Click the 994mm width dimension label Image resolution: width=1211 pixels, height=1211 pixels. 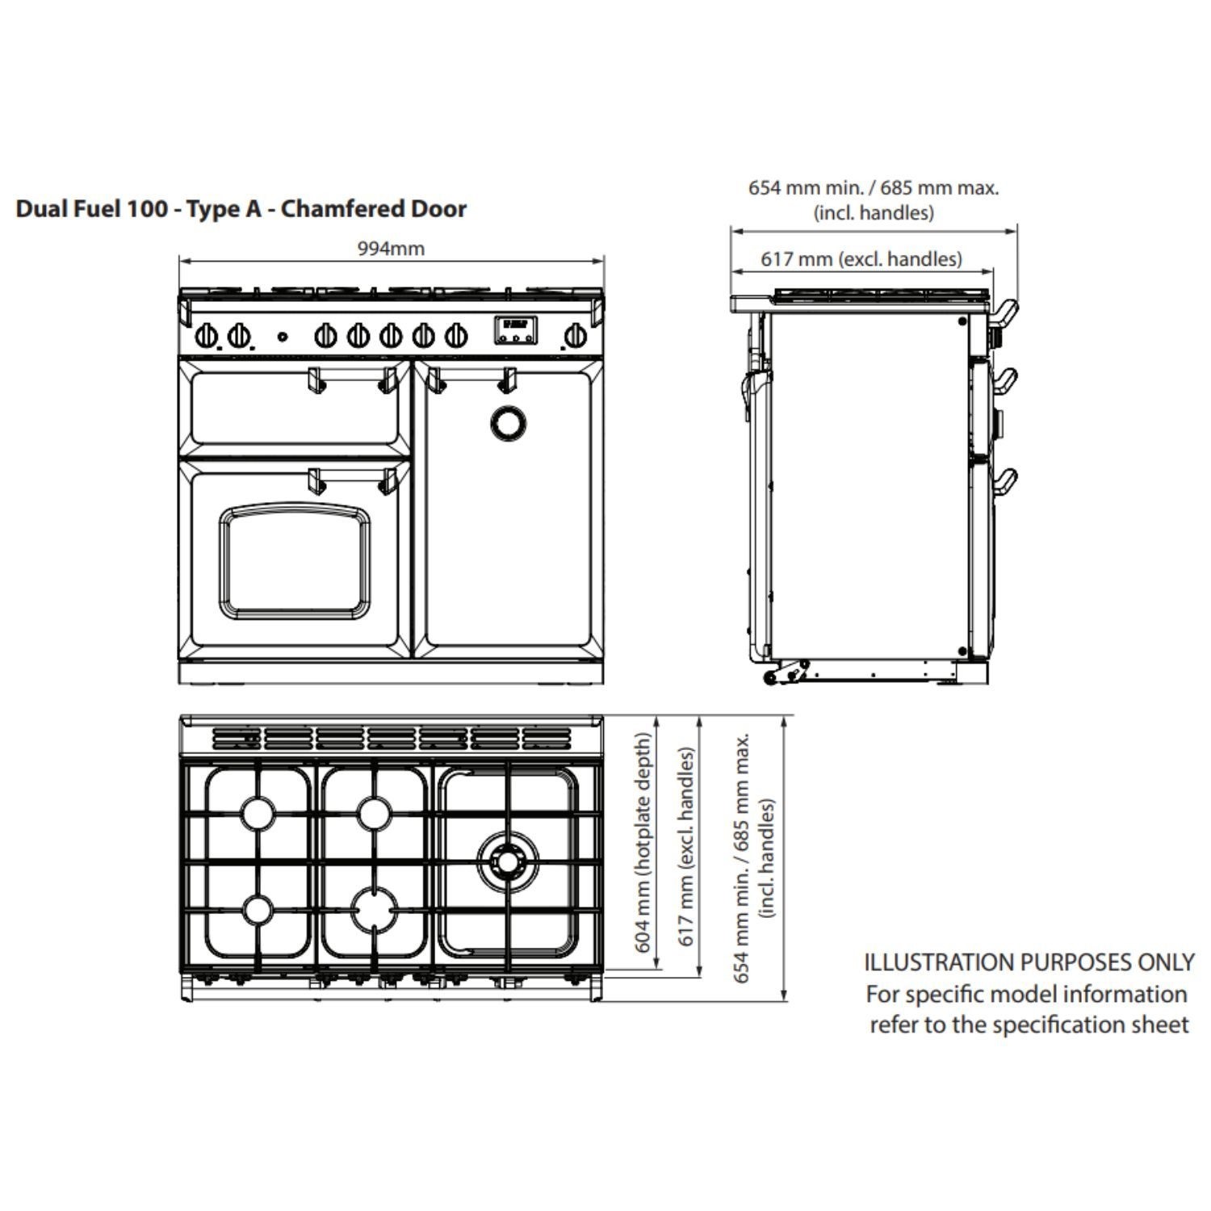[391, 249]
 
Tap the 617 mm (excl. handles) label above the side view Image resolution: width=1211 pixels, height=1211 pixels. [861, 259]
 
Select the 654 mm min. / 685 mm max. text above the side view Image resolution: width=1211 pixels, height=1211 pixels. [874, 188]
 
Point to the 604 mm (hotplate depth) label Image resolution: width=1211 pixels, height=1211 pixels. [643, 842]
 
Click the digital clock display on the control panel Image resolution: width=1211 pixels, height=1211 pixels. [516, 329]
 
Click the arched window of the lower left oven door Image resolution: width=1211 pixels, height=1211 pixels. [295, 559]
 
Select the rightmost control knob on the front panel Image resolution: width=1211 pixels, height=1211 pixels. [576, 335]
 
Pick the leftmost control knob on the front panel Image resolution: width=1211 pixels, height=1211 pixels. [207, 335]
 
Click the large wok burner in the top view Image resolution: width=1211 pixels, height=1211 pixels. [506, 862]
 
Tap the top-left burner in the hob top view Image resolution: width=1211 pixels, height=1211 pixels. [258, 812]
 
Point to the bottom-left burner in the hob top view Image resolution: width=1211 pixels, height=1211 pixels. [258, 910]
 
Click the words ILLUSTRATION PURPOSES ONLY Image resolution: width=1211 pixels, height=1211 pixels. [1029, 962]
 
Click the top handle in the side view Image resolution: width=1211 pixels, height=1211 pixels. [1005, 313]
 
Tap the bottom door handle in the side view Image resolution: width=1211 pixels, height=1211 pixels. [1005, 481]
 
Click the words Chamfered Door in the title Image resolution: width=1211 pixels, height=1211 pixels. [374, 209]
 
